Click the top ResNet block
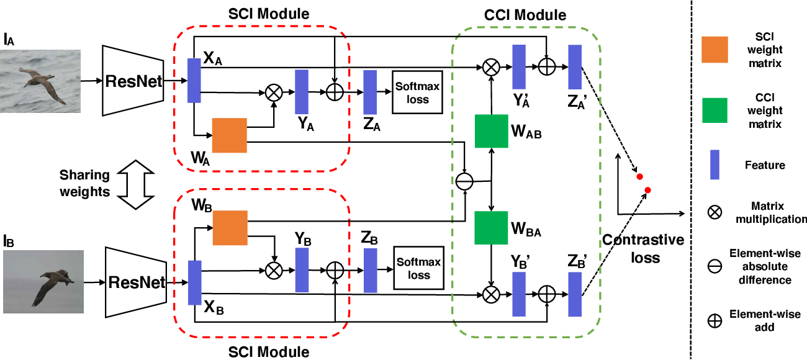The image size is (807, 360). click(134, 80)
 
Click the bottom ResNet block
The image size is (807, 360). click(137, 282)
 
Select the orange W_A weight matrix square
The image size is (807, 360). click(230, 135)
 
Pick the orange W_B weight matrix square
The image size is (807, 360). click(230, 227)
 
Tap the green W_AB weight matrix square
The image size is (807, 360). click(491, 131)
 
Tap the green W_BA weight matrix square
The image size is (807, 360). click(491, 228)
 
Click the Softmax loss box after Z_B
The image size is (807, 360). click(419, 268)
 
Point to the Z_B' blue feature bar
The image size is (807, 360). click(574, 294)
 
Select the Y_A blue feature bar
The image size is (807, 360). click(302, 91)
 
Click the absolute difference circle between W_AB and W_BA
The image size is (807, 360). click(464, 181)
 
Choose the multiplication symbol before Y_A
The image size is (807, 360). click(273, 92)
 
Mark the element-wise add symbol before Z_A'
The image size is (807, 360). click(546, 65)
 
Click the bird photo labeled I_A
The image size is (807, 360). click(41, 81)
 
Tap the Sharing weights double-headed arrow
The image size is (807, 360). click(135, 184)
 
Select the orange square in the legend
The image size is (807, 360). click(718, 50)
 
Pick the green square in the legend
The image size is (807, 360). click(718, 110)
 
